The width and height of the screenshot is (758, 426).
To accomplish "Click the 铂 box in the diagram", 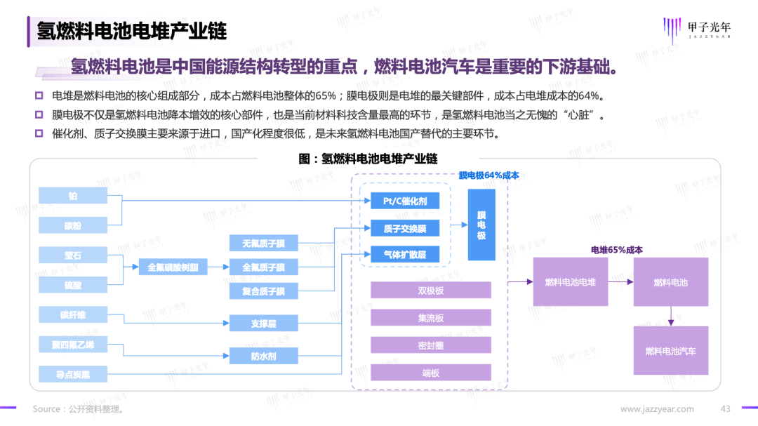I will (73, 197).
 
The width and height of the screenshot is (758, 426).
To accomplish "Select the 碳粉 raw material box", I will (73, 225).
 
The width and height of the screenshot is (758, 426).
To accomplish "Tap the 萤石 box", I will (73, 255).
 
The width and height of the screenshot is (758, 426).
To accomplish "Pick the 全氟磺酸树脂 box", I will (173, 267).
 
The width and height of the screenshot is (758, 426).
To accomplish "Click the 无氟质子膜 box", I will (263, 244).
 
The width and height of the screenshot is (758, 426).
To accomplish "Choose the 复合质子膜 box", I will (263, 291).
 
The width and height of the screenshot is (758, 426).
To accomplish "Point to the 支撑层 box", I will (263, 324).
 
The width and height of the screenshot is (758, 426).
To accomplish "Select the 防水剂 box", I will (263, 356).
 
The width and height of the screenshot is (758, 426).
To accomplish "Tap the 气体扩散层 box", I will (405, 255).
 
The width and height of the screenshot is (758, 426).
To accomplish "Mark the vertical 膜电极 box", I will (481, 225).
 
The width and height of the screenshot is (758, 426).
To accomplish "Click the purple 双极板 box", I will (430, 291).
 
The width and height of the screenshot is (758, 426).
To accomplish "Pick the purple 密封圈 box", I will (430, 345).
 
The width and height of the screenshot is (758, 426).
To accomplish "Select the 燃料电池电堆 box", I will (571, 282).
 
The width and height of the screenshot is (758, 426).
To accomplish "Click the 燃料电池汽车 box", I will (671, 350).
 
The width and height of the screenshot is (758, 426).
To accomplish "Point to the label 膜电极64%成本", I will (488, 175).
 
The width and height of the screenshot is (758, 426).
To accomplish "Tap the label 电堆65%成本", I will (617, 250).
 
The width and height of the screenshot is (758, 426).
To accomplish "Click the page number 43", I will (726, 408).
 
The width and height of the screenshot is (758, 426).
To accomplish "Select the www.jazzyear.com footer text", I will (657, 408).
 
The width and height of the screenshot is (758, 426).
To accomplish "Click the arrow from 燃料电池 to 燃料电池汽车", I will (671, 316).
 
